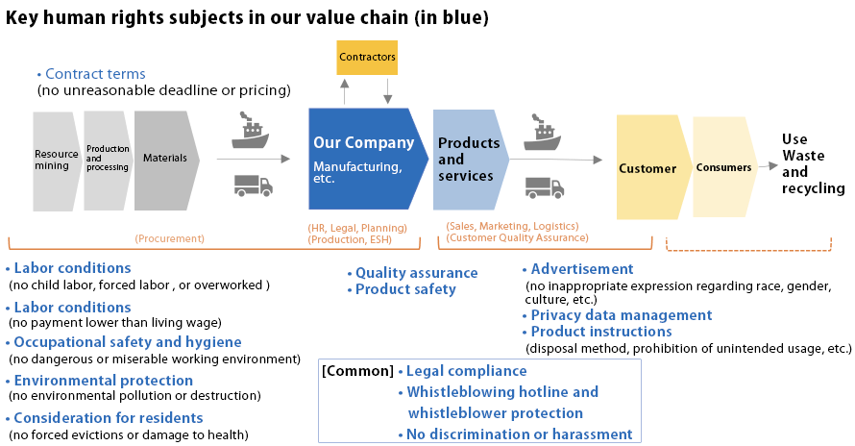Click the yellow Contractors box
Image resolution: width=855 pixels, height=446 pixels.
coord(367,58)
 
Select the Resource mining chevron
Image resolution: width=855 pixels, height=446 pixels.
coord(56,161)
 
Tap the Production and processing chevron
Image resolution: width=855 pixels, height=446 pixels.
coord(108,161)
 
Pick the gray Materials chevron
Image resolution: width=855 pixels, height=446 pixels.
coord(166,161)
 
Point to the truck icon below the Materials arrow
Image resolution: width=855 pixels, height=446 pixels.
coord(254,186)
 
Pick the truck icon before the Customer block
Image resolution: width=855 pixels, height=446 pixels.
coord(545,187)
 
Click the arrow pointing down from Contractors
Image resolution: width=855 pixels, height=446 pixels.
coord(387,91)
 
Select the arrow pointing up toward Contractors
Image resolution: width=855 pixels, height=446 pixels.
coord(344,91)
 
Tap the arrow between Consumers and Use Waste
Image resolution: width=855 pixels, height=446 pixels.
coord(769,165)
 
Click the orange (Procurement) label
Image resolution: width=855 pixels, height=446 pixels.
coord(170,238)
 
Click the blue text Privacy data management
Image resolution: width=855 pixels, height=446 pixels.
coord(622,315)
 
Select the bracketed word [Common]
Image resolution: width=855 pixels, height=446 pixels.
coord(357,371)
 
